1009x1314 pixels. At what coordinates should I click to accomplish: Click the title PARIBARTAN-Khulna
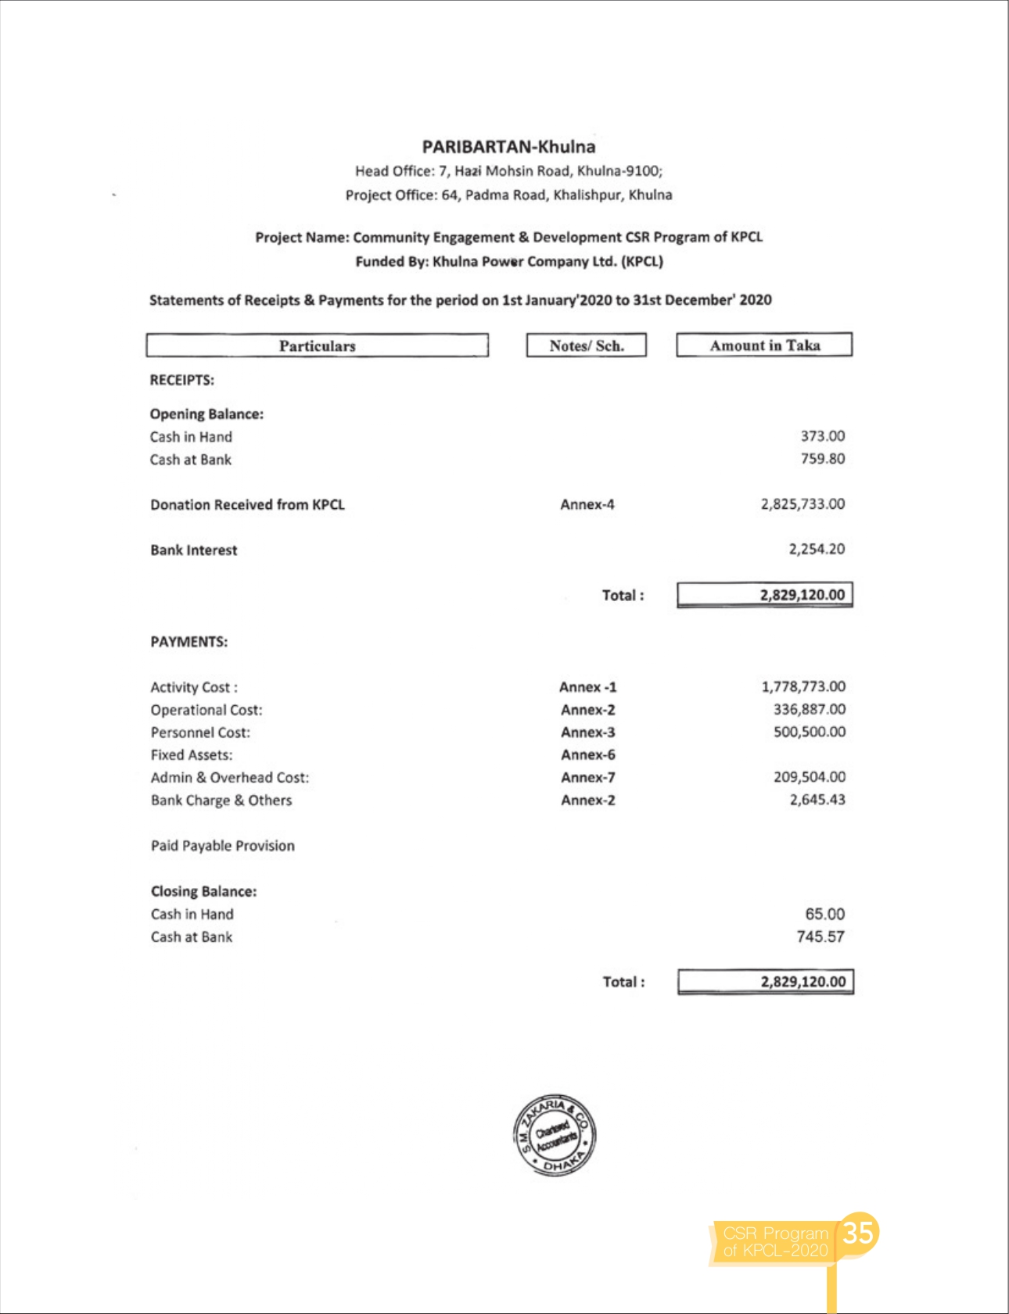508,147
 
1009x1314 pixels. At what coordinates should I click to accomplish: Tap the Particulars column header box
317,346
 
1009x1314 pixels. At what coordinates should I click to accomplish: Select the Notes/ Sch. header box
587,346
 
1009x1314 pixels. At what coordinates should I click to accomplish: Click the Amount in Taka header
764,345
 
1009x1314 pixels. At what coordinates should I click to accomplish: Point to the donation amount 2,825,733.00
803,504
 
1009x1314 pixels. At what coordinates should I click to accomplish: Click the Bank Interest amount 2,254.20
817,550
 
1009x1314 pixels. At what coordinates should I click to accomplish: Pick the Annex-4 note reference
587,505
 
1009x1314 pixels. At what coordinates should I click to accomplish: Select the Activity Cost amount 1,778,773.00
803,686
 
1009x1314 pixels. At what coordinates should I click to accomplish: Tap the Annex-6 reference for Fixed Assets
588,755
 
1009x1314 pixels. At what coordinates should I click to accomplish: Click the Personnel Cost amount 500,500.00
810,732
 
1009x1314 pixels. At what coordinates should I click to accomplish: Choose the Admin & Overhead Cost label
230,778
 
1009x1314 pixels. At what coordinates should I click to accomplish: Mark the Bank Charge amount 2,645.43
817,800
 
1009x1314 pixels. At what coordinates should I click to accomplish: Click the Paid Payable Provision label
223,846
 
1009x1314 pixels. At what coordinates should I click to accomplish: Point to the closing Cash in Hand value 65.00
824,914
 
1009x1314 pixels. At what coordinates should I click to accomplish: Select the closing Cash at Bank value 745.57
820,936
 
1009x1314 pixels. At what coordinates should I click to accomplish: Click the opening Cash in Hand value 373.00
822,436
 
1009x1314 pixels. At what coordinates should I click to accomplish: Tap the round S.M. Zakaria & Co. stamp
555,1134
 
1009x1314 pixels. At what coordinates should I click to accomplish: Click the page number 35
858,1232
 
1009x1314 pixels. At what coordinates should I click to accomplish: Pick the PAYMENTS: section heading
189,642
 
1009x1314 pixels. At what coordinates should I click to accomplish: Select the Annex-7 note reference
588,778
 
